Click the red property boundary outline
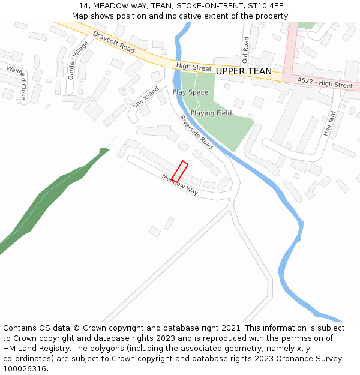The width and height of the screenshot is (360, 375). (x=180, y=172)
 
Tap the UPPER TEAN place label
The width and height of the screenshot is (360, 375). (x=244, y=71)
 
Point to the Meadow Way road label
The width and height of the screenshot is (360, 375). (x=180, y=184)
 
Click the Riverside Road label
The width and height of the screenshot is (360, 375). (x=197, y=132)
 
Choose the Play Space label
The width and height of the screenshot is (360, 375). (x=190, y=92)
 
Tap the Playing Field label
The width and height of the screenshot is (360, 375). (x=211, y=113)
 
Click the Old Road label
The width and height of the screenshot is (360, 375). (x=245, y=50)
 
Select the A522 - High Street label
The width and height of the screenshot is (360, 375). (x=325, y=82)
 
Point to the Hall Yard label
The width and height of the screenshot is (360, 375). (x=330, y=123)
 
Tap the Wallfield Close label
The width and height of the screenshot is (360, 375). (x=17, y=83)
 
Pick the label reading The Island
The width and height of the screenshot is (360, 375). (x=146, y=97)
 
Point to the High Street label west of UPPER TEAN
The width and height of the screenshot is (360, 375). (x=194, y=67)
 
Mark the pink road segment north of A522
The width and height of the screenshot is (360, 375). (x=292, y=48)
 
